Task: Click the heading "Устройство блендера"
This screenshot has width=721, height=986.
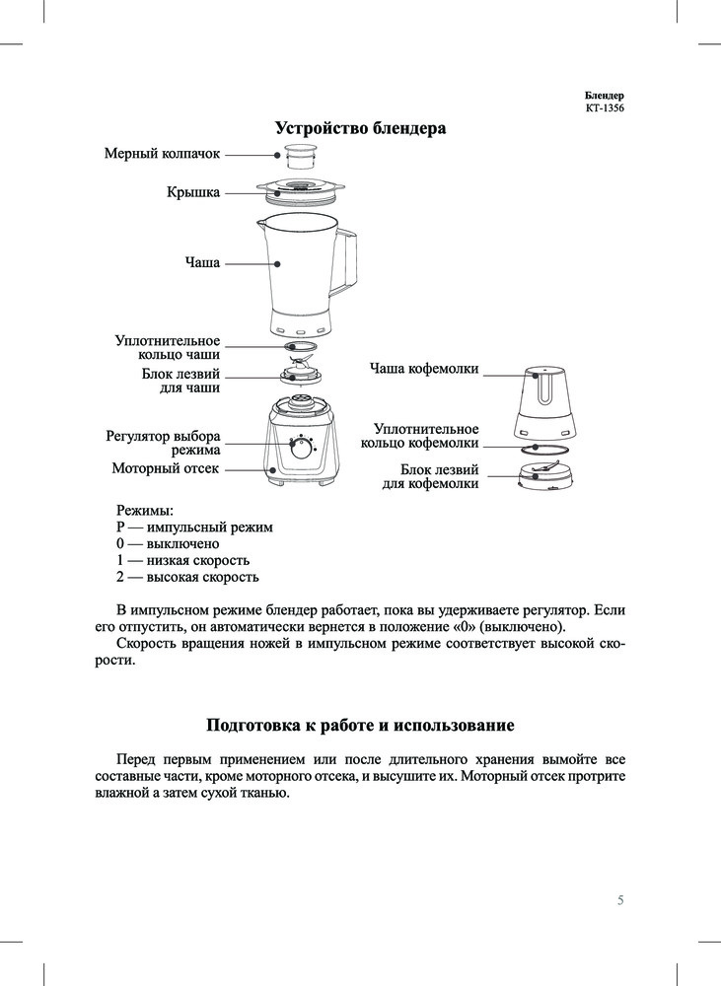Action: (360, 129)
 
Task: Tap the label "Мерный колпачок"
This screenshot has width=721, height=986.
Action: (162, 154)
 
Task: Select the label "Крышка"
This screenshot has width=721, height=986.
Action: (193, 192)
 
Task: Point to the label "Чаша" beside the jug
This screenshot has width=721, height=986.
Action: (202, 263)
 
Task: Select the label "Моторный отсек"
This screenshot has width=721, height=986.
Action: (166, 468)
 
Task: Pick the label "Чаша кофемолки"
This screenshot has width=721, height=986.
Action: (424, 369)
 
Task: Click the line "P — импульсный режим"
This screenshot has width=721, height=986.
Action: (194, 528)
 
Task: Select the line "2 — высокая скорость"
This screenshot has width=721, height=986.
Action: (187, 577)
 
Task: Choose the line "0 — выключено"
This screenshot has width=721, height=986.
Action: (168, 543)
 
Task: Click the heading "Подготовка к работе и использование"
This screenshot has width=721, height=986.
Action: (360, 727)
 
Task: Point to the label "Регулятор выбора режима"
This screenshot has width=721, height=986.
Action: (164, 443)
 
